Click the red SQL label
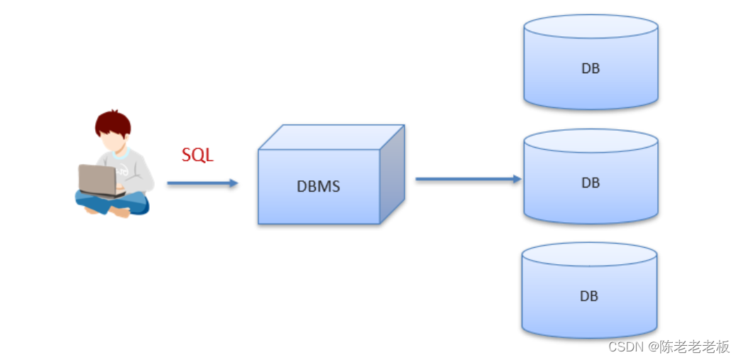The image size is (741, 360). pyautogui.click(x=197, y=155)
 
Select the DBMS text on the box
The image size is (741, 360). pyautogui.click(x=318, y=187)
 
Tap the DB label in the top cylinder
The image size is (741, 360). pyautogui.click(x=590, y=68)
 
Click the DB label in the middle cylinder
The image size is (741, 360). pyautogui.click(x=590, y=182)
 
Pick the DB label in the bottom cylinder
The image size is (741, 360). pyautogui.click(x=588, y=295)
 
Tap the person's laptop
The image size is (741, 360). pyautogui.click(x=97, y=180)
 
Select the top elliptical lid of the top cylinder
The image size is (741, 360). pyautogui.click(x=591, y=26)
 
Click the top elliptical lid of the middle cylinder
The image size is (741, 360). pyautogui.click(x=591, y=140)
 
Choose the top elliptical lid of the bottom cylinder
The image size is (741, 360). pyautogui.click(x=588, y=253)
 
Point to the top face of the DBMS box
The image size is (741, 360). pyautogui.click(x=331, y=137)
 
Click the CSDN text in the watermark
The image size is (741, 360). pyautogui.click(x=625, y=347)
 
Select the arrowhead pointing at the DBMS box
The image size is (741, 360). pyautogui.click(x=233, y=183)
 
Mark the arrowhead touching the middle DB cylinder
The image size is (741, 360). pyautogui.click(x=517, y=179)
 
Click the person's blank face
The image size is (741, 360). pyautogui.click(x=111, y=141)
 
